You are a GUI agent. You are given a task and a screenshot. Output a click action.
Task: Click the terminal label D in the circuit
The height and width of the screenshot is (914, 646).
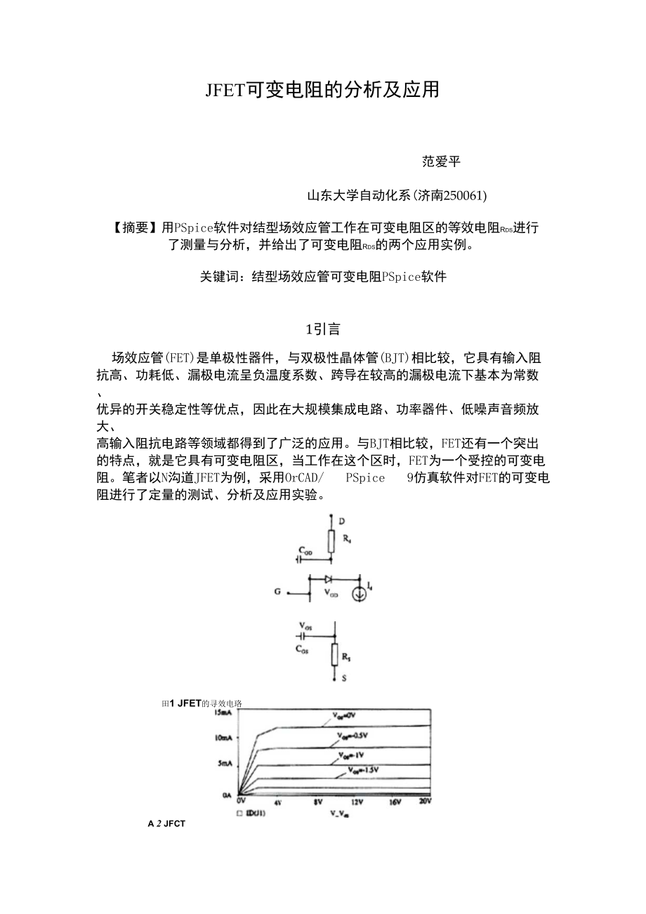pos(341,522)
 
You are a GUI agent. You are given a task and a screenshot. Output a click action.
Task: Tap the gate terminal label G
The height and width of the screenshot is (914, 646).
pos(278,592)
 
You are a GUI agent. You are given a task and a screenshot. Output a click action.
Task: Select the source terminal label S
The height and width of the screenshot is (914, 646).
pos(343,679)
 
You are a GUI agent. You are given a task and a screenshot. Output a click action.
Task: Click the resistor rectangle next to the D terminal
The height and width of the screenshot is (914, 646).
pos(331,541)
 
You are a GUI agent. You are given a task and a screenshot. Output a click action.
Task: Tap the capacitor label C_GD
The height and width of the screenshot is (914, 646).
pos(305,552)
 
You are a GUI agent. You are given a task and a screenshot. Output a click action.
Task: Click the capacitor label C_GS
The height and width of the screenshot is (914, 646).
pos(301,649)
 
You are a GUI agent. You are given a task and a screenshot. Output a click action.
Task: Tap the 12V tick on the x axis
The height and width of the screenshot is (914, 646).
pos(356,801)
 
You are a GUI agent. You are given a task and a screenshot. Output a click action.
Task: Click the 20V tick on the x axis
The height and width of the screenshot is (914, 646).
pos(424,801)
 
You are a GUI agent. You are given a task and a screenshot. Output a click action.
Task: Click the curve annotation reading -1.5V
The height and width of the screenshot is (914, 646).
pos(364,770)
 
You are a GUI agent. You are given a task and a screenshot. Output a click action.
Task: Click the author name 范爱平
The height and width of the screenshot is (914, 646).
pos(441,161)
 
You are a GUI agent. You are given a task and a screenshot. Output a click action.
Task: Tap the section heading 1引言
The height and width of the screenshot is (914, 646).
pos(323,328)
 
